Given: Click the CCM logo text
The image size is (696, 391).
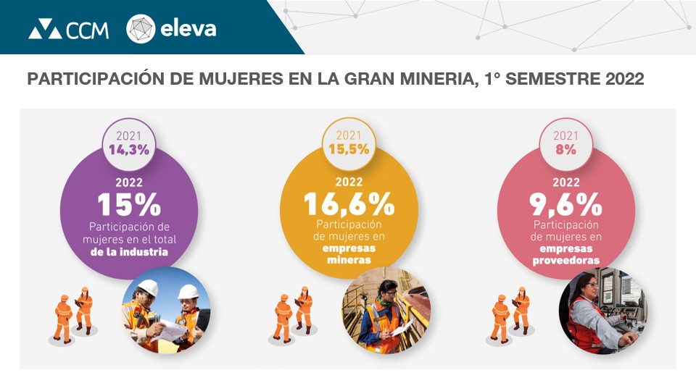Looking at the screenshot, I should point(87,30).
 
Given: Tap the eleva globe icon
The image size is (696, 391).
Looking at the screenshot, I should point(141,29).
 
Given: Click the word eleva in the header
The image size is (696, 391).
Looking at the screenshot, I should point(188,30).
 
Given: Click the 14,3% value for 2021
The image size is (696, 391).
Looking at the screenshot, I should point(129,150).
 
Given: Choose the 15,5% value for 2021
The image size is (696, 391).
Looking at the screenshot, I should point(349,149).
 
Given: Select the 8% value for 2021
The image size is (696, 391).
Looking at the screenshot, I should point(566,150).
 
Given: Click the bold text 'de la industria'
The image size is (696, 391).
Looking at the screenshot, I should point(129,253).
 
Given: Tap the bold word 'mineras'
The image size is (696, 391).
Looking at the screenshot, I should point(349,260).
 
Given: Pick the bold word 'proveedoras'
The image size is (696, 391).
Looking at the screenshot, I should point(566,260).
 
